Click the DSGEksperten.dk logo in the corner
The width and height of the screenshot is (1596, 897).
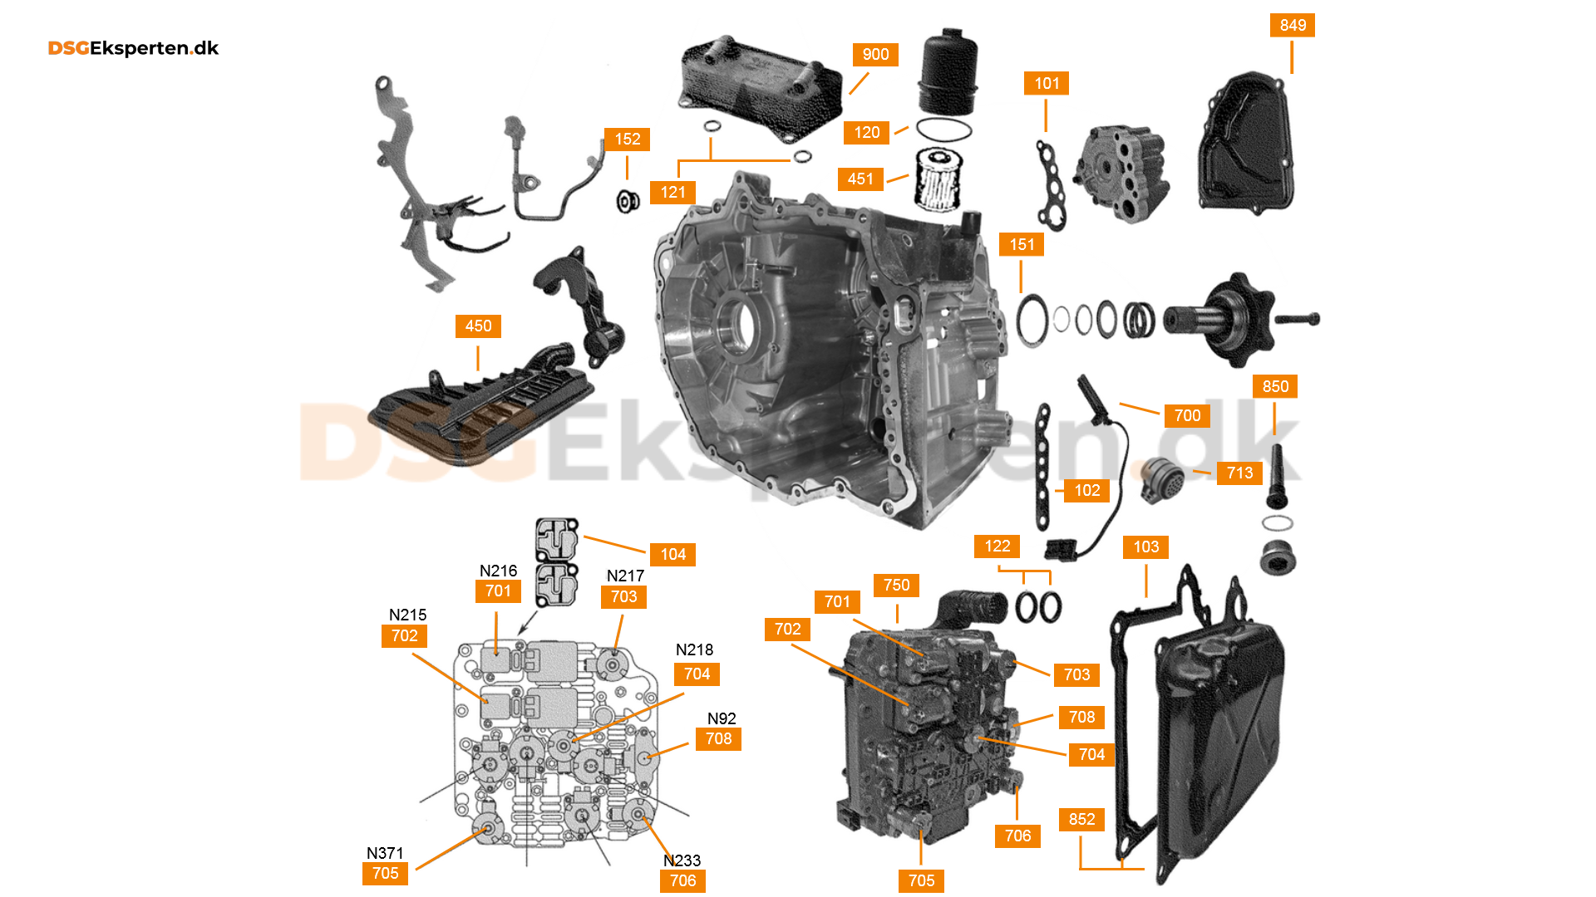(x=133, y=48)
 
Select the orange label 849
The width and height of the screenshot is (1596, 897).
(x=1293, y=25)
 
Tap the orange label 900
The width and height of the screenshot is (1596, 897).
(x=875, y=54)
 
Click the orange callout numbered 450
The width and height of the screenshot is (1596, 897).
(x=478, y=326)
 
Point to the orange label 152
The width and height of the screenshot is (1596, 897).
(x=628, y=139)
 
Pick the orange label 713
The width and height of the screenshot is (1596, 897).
(x=1239, y=473)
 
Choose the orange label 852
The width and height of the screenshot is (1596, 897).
(x=1081, y=819)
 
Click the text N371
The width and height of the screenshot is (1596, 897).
(x=385, y=853)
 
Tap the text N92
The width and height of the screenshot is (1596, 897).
(x=722, y=718)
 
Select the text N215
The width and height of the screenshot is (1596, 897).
(x=407, y=615)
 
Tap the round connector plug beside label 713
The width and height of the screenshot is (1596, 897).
(x=1163, y=479)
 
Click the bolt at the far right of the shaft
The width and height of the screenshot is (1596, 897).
(x=1298, y=318)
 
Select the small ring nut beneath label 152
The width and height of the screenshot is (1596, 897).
(x=628, y=201)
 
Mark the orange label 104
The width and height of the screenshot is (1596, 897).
(x=672, y=554)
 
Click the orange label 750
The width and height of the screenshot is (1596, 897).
(x=896, y=585)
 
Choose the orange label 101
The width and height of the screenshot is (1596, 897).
(x=1047, y=83)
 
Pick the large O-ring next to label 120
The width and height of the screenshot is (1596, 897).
(x=943, y=130)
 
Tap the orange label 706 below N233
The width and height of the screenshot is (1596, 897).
(x=682, y=880)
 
